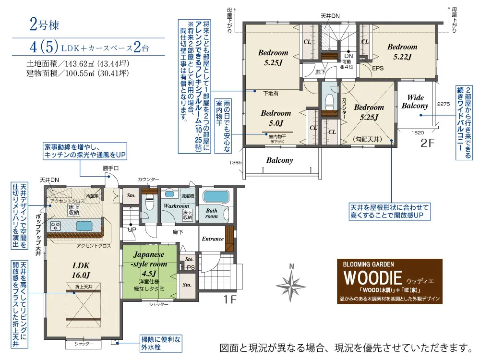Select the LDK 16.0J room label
point(82,270)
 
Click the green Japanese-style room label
point(150,264)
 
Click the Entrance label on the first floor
point(212,239)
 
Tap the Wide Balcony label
point(415,102)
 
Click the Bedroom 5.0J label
point(276,118)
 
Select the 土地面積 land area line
point(78,63)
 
